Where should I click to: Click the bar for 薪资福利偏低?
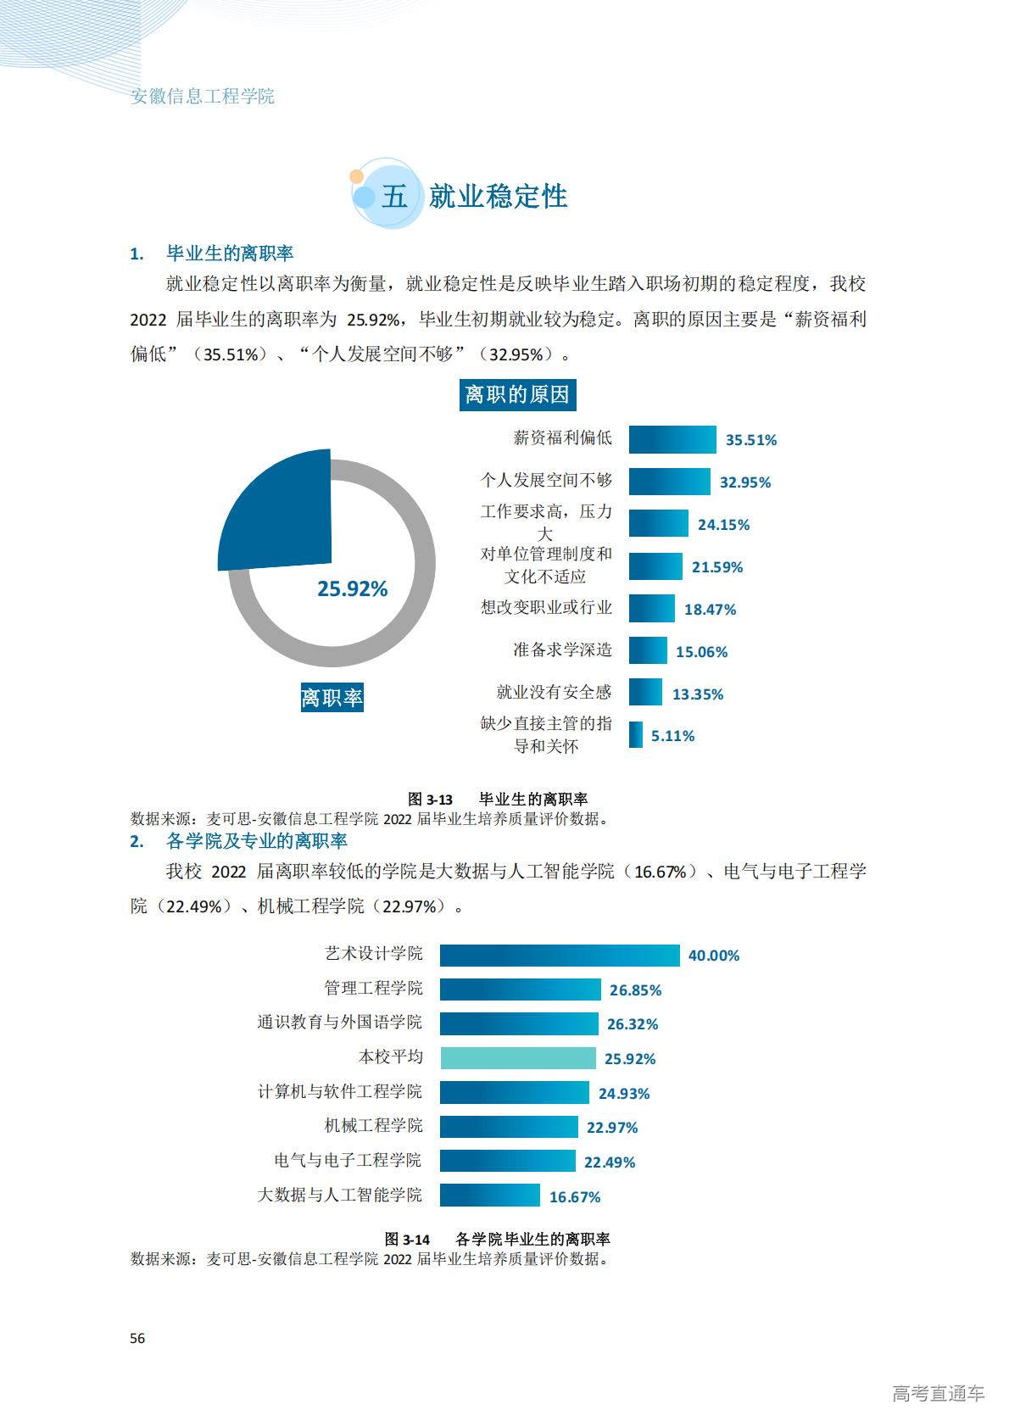click(672, 439)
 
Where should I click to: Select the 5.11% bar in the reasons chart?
click(636, 735)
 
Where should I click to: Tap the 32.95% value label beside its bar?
click(745, 482)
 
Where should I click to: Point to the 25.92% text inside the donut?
click(352, 588)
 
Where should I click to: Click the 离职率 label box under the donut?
click(332, 698)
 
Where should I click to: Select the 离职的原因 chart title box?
click(517, 394)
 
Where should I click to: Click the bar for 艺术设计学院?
click(559, 955)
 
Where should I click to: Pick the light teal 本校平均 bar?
click(517, 1058)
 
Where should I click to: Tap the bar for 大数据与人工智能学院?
click(489, 1196)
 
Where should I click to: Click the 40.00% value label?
click(714, 956)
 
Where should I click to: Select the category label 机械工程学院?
click(373, 1126)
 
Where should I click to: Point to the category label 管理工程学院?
click(373, 989)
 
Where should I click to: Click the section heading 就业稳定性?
click(498, 197)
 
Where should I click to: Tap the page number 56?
click(137, 1338)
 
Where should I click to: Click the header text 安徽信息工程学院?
click(203, 96)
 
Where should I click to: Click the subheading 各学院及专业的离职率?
click(256, 841)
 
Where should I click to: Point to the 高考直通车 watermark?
click(938, 1393)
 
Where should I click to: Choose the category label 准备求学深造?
click(562, 650)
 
